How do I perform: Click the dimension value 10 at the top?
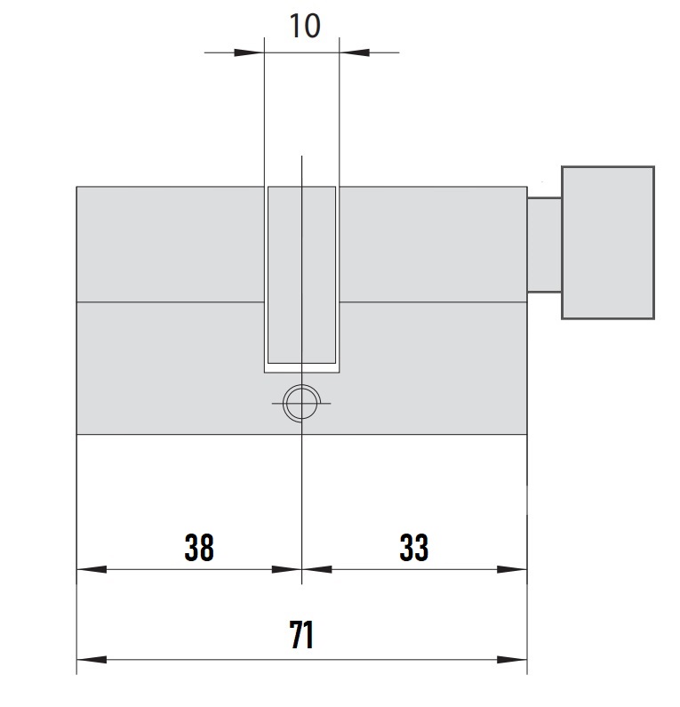[x=305, y=26]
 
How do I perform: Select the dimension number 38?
[x=199, y=548]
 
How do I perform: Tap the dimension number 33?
[x=413, y=548]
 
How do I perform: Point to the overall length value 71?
[x=301, y=634]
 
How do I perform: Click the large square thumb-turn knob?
[x=608, y=243]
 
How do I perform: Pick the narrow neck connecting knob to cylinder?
[x=544, y=245]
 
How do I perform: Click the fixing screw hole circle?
[x=301, y=403]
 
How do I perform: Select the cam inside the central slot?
[x=302, y=275]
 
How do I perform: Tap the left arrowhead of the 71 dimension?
[x=92, y=660]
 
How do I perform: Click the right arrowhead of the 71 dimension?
[x=512, y=660]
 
